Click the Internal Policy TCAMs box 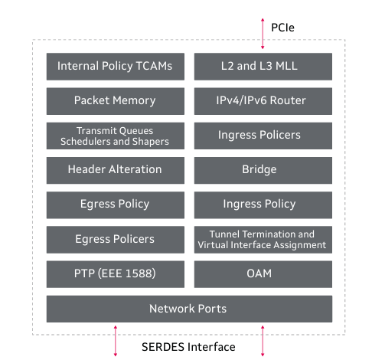click(x=116, y=67)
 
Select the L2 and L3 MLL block click(x=263, y=67)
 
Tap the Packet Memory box click(x=116, y=101)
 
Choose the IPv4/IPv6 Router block click(x=263, y=101)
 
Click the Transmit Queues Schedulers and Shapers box click(x=116, y=136)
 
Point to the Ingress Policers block click(x=263, y=136)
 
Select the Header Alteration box click(x=116, y=170)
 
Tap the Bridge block click(x=263, y=170)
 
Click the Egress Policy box click(x=116, y=205)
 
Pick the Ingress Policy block click(x=263, y=205)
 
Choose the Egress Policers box click(x=116, y=240)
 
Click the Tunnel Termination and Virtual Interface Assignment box click(x=263, y=240)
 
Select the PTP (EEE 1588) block click(x=116, y=274)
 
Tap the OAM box click(x=263, y=274)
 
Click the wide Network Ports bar click(x=189, y=309)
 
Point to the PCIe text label click(x=282, y=28)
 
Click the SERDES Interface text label click(x=188, y=347)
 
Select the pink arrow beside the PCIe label click(x=263, y=34)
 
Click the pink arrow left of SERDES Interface click(x=116, y=341)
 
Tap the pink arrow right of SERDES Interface click(x=263, y=341)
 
